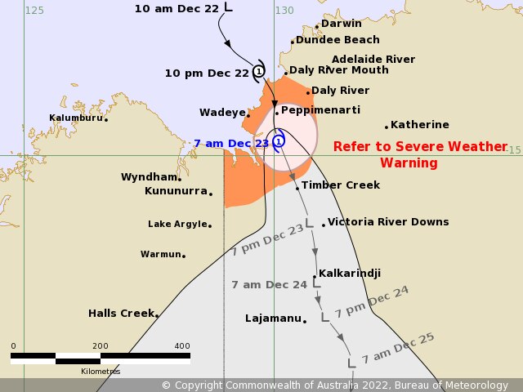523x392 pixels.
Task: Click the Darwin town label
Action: point(342,24)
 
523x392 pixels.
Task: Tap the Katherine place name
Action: point(419,125)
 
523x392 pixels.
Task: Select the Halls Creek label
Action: point(121,313)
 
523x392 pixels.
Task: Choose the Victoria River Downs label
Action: point(387,222)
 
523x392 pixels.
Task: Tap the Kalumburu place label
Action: point(76,118)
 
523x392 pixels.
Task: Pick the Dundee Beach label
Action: point(337,40)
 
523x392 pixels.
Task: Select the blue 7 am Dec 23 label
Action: point(231,143)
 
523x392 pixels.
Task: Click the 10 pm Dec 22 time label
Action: point(207,73)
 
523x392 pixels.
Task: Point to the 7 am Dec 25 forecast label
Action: point(398,348)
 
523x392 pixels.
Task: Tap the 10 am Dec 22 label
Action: point(176,8)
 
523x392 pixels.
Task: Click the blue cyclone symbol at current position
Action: point(279,141)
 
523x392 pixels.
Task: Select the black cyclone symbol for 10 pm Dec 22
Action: point(259,72)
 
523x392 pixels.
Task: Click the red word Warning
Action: point(409,163)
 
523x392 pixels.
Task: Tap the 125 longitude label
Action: point(34,11)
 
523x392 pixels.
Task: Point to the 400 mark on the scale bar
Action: point(181,345)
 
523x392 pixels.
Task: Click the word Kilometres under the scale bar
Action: point(100,372)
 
